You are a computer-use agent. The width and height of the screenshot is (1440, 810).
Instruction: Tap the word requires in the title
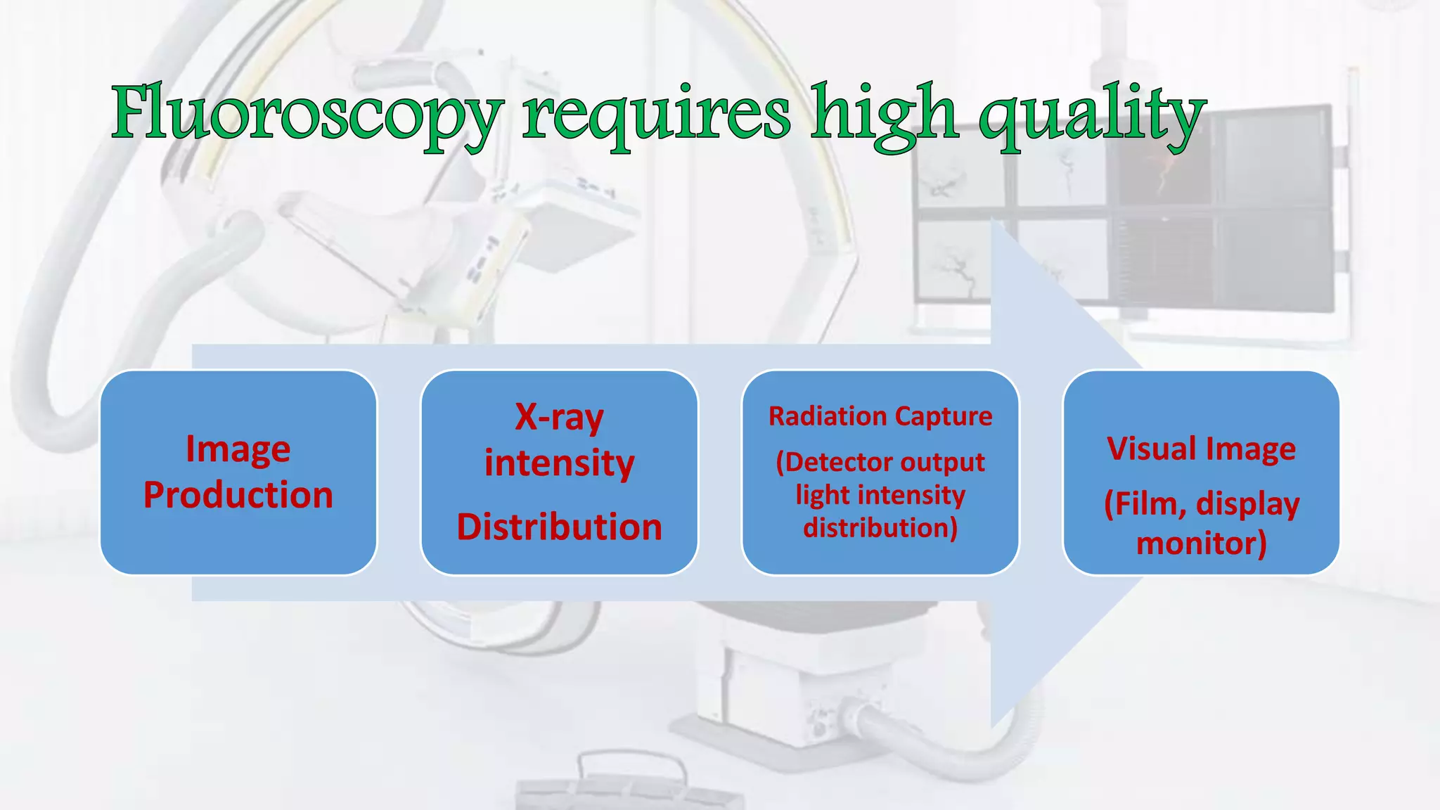(656, 114)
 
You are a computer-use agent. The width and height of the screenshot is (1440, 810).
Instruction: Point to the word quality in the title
(1092, 114)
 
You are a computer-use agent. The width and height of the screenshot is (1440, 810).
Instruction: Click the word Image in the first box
(238, 449)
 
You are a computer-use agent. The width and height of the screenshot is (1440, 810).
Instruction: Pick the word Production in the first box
(238, 495)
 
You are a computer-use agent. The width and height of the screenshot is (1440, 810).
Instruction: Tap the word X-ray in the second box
(559, 417)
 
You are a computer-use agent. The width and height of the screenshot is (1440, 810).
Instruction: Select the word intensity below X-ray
(559, 463)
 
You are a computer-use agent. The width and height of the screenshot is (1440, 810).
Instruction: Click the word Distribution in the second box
(559, 527)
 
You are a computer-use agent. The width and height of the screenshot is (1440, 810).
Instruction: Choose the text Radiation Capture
(880, 416)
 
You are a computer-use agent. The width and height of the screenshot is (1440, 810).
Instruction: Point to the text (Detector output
(880, 463)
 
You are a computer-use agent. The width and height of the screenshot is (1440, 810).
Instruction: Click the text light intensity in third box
(880, 495)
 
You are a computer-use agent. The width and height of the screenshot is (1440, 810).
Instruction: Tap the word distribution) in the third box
(880, 527)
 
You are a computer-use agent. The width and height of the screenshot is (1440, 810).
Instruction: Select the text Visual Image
(1201, 449)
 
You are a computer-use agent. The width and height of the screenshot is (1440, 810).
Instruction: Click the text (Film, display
(1201, 504)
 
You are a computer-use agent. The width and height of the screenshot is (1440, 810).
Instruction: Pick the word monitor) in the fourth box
(1201, 544)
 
